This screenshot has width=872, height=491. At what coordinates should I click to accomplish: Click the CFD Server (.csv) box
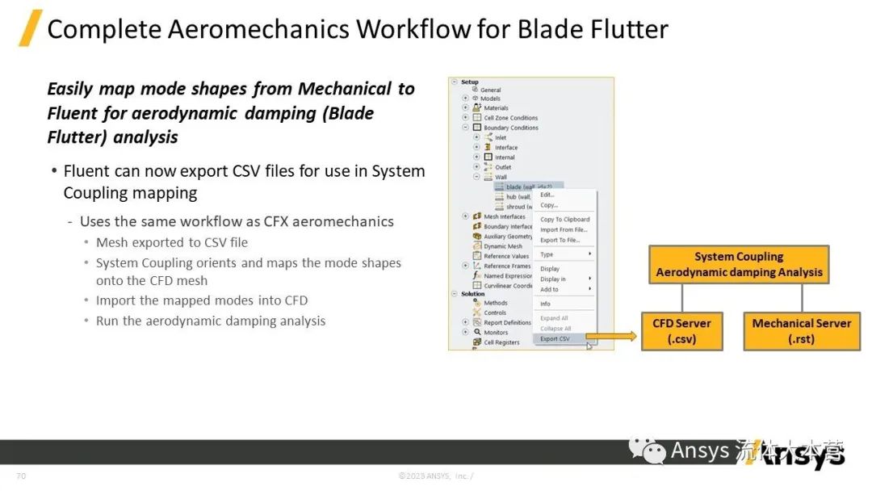point(681,331)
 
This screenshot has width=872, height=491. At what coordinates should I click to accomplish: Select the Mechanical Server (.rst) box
point(801,331)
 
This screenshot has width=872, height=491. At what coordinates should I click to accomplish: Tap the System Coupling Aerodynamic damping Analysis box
point(739,265)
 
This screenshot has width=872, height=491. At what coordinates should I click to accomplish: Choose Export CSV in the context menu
point(555,339)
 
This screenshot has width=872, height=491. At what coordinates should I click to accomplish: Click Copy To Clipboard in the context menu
point(564,219)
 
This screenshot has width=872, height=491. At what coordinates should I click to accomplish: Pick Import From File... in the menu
point(563,229)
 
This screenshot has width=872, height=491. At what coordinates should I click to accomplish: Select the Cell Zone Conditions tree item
point(510,118)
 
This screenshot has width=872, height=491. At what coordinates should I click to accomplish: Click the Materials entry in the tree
point(496,108)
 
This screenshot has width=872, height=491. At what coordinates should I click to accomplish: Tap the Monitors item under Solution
point(496,332)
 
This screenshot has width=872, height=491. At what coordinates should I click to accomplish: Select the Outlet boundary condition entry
point(503,167)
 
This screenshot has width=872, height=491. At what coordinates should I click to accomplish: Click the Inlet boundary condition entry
point(501,137)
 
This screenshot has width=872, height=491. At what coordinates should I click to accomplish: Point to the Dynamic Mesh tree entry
point(503,246)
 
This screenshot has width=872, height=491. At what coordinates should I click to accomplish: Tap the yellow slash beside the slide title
point(30,28)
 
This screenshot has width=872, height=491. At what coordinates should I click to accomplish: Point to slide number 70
point(21,476)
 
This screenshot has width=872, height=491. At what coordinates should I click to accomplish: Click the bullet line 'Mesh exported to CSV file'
point(171,242)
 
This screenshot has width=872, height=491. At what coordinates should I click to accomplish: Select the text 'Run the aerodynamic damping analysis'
point(211,321)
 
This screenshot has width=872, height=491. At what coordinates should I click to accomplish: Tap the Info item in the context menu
point(546,304)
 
